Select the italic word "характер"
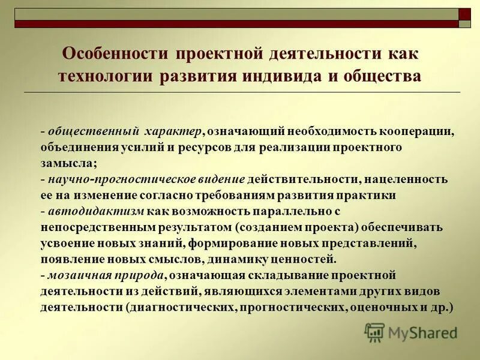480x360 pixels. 172,131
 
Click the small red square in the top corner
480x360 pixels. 465,14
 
